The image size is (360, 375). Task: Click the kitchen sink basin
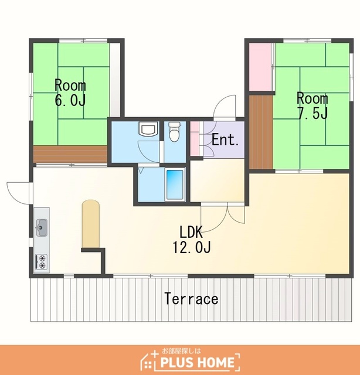pyautogui.click(x=42, y=227)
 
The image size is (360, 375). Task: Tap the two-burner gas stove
pyautogui.click(x=42, y=262)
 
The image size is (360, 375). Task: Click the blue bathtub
pyautogui.click(x=175, y=185)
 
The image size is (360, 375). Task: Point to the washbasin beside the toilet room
pyautogui.click(x=149, y=129)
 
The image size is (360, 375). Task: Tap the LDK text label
pyautogui.click(x=191, y=232)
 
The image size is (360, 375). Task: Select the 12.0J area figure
pyautogui.click(x=192, y=247)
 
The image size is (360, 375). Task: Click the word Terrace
pyautogui.click(x=191, y=299)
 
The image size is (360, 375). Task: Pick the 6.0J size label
pyautogui.click(x=70, y=100)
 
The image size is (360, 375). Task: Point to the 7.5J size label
pyautogui.click(x=313, y=113)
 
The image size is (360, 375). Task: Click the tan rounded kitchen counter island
pyautogui.click(x=90, y=224)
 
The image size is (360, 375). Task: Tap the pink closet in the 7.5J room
pyautogui.click(x=260, y=67)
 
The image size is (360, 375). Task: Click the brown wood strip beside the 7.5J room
pyautogui.click(x=261, y=132)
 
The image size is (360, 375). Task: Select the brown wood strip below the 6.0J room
pyautogui.click(x=70, y=154)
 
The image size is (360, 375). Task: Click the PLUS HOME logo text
pyautogui.click(x=197, y=362)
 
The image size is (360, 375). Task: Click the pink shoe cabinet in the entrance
pyautogui.click(x=195, y=138)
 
